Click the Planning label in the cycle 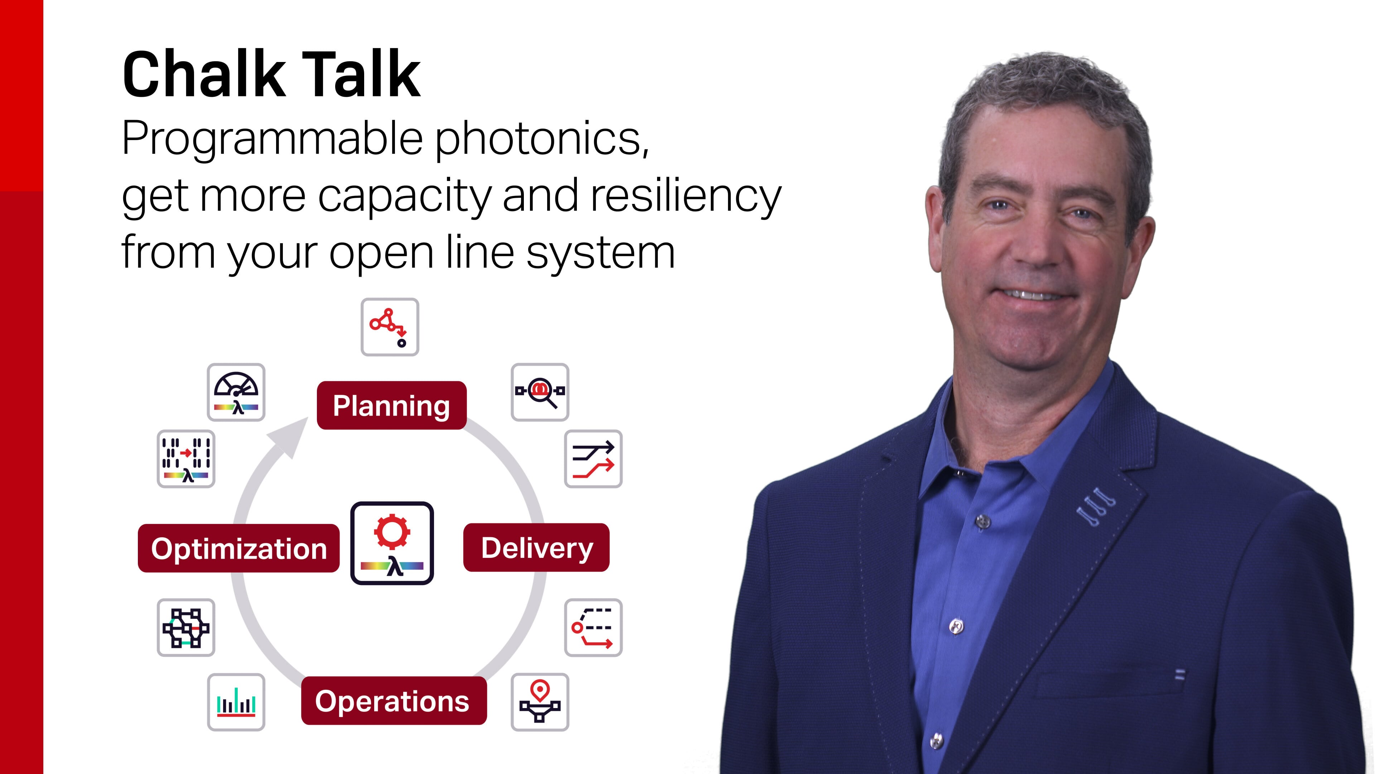391,405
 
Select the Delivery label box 536,548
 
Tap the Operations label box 394,701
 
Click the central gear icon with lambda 392,543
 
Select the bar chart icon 236,702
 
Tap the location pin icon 540,702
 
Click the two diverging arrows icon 593,459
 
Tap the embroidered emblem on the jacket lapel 1096,506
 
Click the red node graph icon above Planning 390,327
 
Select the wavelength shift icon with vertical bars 186,459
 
